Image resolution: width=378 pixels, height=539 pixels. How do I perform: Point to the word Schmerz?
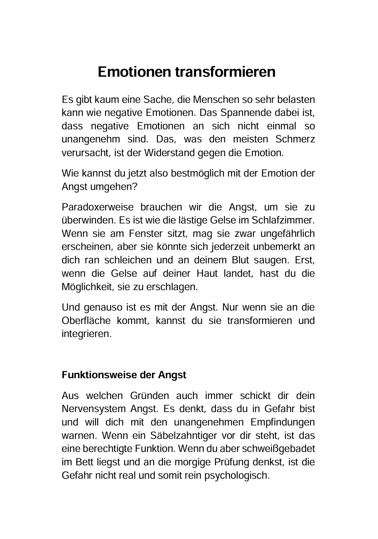tap(295, 139)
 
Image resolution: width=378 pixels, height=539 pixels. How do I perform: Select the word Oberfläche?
tap(86, 320)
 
